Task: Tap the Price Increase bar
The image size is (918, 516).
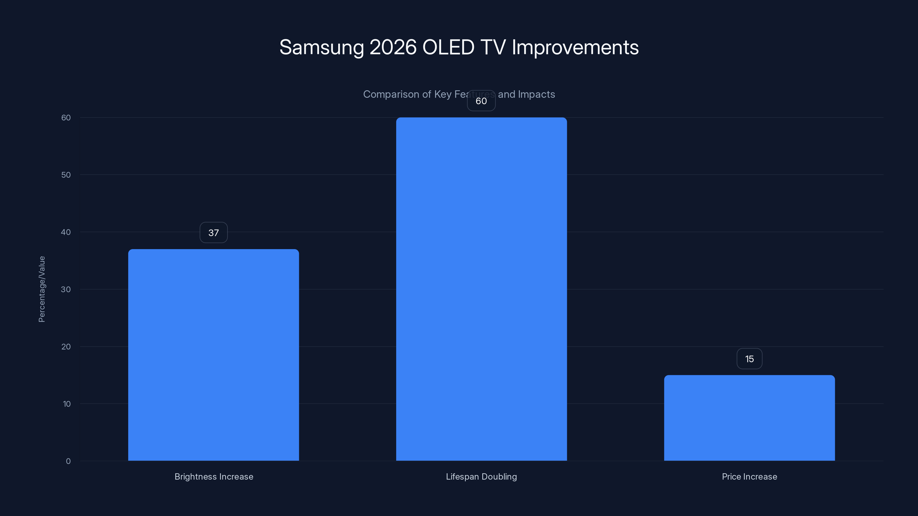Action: (x=749, y=418)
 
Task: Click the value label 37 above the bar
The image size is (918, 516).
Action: (x=213, y=232)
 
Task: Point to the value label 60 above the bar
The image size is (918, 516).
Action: (x=481, y=101)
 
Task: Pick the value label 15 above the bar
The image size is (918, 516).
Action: (x=749, y=359)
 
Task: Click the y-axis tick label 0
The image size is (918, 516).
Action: (x=68, y=461)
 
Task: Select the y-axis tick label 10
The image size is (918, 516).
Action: (x=67, y=404)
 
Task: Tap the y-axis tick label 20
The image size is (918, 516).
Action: (x=66, y=347)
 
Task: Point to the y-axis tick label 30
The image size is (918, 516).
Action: (x=66, y=289)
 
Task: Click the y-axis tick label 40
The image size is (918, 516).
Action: (x=66, y=232)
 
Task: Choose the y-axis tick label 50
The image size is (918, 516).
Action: (x=66, y=175)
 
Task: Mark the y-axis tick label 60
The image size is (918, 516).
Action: (x=66, y=118)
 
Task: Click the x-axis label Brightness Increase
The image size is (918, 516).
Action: (x=214, y=476)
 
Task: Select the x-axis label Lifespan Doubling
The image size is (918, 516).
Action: (x=481, y=476)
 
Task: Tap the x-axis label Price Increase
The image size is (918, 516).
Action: (x=749, y=476)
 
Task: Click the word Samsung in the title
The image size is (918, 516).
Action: (x=321, y=47)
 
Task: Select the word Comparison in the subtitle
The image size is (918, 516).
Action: (x=391, y=94)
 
